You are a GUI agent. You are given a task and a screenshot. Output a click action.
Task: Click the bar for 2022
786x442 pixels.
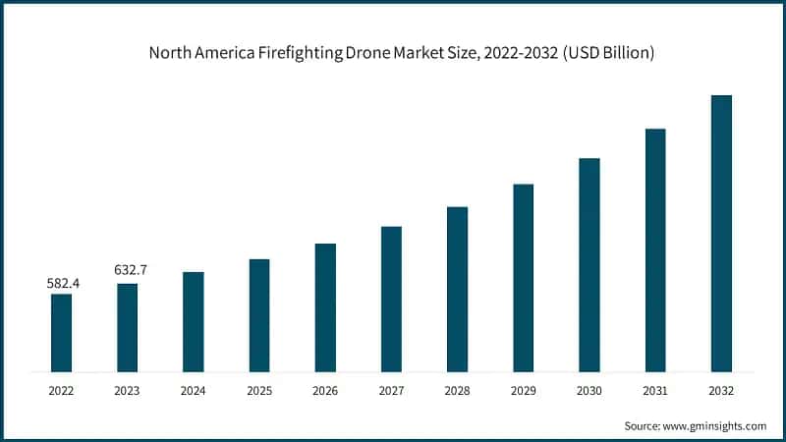coord(61,333)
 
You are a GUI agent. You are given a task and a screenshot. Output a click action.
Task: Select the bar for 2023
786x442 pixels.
coord(127,328)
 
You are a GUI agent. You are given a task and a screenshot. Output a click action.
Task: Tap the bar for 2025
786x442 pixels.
coord(259,315)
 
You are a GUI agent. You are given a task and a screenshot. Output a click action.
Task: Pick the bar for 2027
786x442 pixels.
coord(391,299)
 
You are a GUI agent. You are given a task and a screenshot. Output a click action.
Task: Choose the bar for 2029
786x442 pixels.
coord(523,278)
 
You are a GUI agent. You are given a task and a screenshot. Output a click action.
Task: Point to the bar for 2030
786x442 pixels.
coord(589,265)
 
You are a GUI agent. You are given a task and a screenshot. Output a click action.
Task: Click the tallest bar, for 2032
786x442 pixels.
coord(721,234)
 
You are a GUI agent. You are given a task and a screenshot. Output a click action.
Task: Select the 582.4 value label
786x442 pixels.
coord(64,283)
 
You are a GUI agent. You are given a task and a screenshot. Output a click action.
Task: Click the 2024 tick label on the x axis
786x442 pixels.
coord(193,390)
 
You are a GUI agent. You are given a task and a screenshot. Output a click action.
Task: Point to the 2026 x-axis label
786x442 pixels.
coord(325,390)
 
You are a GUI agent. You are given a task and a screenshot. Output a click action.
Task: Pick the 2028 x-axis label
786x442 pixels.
coord(457,390)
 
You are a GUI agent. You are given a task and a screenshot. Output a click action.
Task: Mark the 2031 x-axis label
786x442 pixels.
coord(655,390)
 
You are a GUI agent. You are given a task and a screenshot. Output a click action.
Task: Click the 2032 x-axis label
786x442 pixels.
coord(721,390)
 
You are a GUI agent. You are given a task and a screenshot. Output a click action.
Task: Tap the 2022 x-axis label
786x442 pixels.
coord(61,390)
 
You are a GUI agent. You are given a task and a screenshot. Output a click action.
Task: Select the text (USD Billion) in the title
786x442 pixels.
coord(602,52)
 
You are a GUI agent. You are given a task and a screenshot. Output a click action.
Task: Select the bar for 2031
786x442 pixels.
coord(655,250)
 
